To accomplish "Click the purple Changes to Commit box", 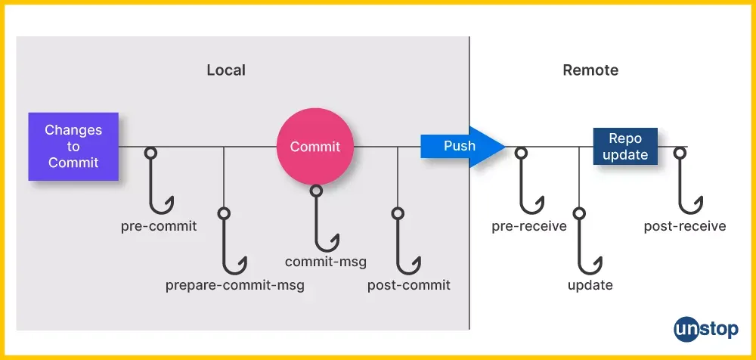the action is tap(73, 147).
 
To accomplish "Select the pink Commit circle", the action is tap(315, 146).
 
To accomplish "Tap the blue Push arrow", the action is tap(463, 146).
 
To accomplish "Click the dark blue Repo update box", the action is tap(625, 146).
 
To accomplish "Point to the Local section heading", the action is tap(226, 70).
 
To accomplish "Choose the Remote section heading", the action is tap(590, 70).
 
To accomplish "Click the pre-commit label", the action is tap(159, 226).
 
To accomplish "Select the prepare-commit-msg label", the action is tap(235, 285).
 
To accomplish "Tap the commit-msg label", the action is tap(325, 262).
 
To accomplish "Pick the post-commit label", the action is tap(409, 285).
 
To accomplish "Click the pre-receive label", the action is tap(529, 226).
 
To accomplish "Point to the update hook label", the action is tap(590, 285).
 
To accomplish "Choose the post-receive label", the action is tap(685, 226).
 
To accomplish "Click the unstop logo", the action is tap(706, 330).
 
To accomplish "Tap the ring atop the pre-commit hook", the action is tap(151, 153).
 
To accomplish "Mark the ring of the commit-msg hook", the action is tap(316, 191).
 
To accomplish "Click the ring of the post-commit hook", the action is tap(398, 213).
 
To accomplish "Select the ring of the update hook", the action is tap(580, 213).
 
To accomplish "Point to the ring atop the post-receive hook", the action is tap(680, 153).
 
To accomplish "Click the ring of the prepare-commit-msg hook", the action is tap(223, 213).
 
